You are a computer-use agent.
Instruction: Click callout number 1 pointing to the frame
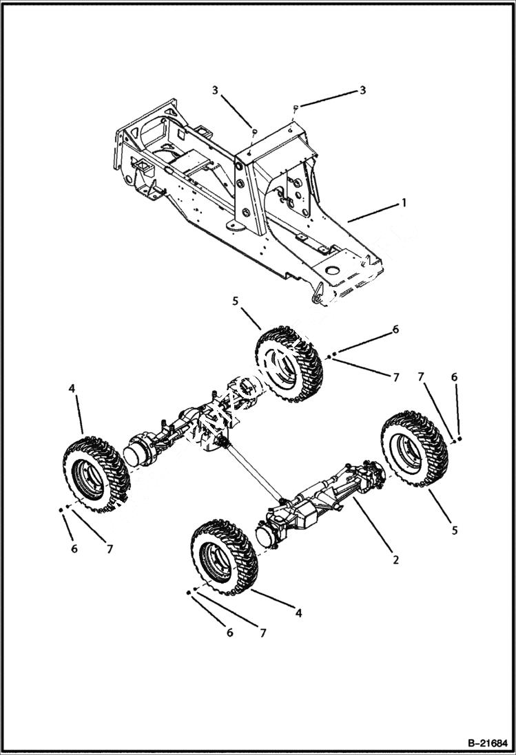404,203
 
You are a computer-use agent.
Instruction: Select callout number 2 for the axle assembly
395,560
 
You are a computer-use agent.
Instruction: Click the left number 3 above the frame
216,90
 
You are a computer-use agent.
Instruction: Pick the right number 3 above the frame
362,90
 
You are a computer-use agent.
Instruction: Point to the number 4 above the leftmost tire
72,389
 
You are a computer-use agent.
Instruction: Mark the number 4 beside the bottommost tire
298,612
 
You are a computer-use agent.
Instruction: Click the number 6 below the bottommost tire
230,632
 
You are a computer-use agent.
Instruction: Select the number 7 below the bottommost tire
262,632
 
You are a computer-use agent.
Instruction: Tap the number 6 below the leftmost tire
74,549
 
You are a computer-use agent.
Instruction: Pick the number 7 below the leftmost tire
109,549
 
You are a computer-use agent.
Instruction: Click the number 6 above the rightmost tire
454,377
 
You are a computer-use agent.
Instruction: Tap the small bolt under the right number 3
296,107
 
